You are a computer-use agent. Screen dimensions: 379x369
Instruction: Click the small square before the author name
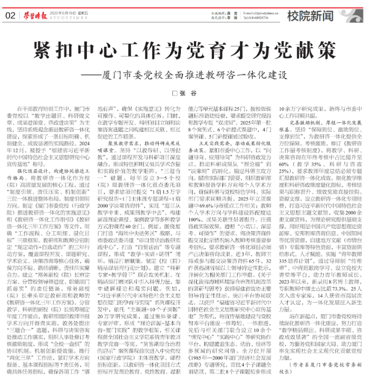tap(176, 93)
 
